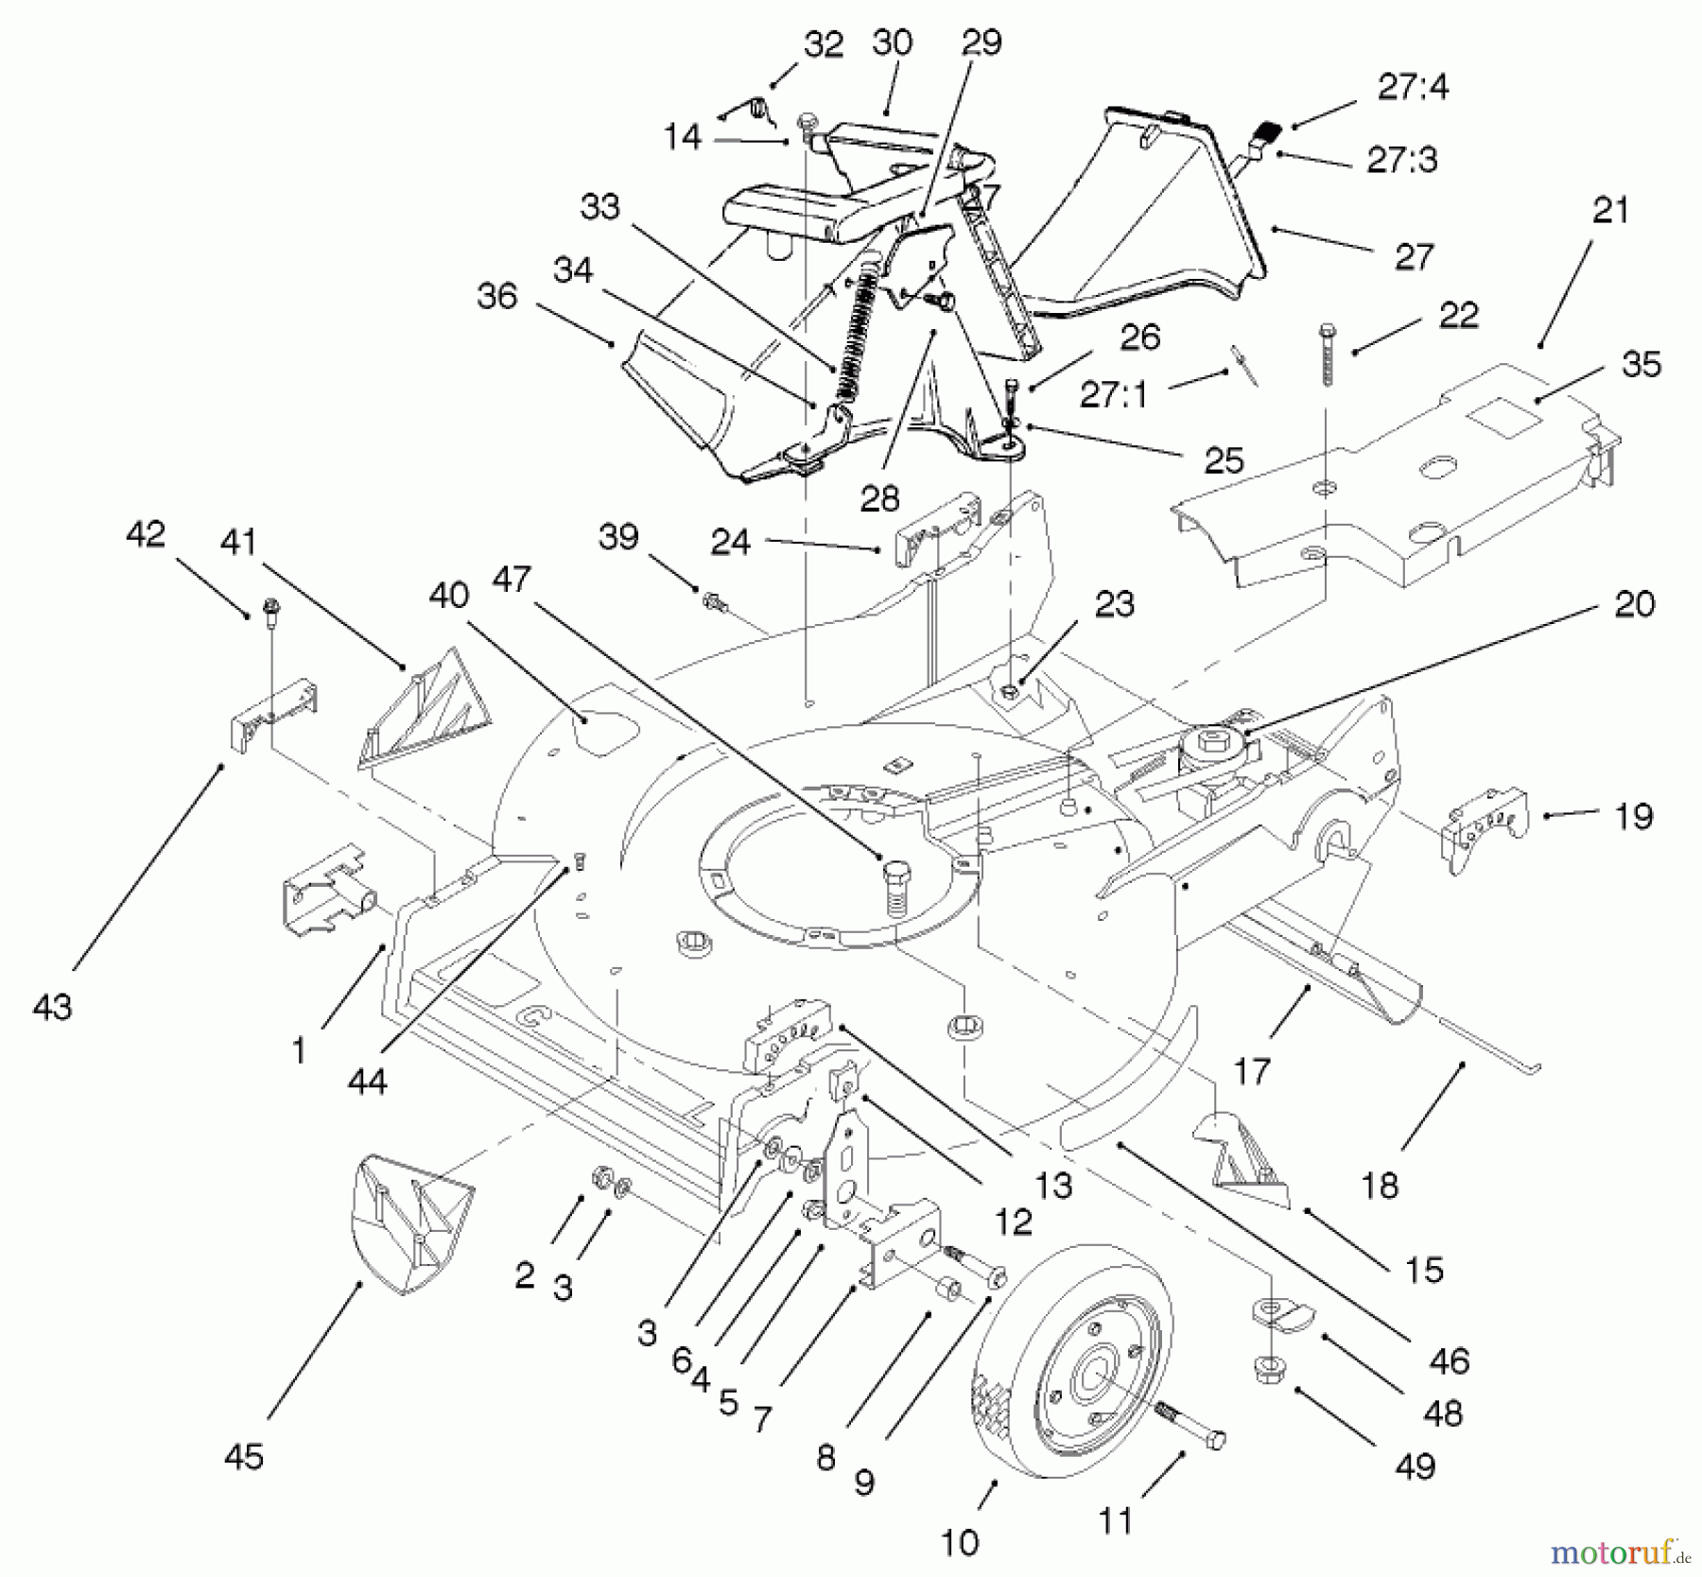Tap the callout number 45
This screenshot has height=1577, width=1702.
tap(244, 1457)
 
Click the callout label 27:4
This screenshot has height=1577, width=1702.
tap(1413, 87)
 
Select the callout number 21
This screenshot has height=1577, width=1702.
tap(1610, 210)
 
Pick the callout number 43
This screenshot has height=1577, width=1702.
tap(52, 1007)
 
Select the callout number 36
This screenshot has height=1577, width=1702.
tap(497, 296)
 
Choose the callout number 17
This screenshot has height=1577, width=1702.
tap(1251, 1070)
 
